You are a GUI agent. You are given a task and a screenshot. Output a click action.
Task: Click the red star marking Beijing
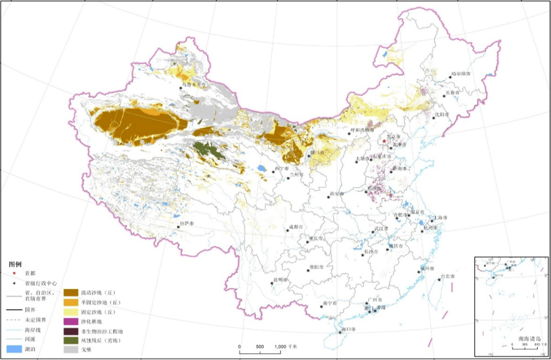[x=384, y=141]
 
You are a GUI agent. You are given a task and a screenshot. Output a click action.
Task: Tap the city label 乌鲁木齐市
[x=195, y=84]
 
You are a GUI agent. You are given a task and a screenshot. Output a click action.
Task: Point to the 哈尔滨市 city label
[x=461, y=74]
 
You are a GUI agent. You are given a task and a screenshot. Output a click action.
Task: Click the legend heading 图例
[x=15, y=264]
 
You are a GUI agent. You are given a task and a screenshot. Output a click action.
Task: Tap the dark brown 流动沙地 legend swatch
[x=70, y=293]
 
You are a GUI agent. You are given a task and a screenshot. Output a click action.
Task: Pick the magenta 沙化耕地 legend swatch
[x=70, y=321]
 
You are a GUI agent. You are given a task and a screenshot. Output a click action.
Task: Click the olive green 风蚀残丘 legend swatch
[x=70, y=340]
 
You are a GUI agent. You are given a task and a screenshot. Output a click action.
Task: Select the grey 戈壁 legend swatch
[x=70, y=350]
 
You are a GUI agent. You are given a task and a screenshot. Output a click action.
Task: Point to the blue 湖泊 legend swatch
[x=15, y=350]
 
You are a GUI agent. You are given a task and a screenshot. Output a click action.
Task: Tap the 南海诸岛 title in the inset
[x=528, y=339]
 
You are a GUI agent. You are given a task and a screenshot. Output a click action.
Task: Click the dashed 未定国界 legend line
[x=15, y=319]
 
